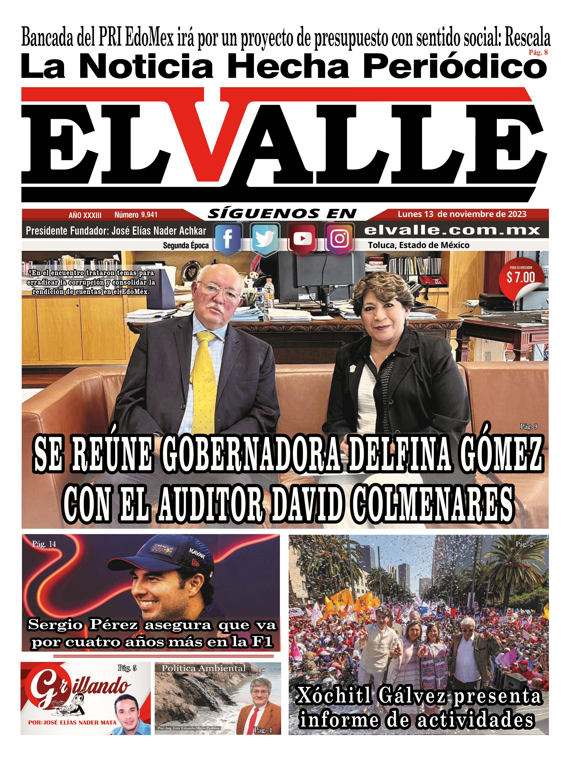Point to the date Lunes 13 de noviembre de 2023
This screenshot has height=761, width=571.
(462, 214)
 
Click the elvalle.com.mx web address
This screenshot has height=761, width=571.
(452, 230)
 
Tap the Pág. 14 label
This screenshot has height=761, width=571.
(44, 544)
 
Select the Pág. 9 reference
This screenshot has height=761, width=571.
(528, 427)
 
